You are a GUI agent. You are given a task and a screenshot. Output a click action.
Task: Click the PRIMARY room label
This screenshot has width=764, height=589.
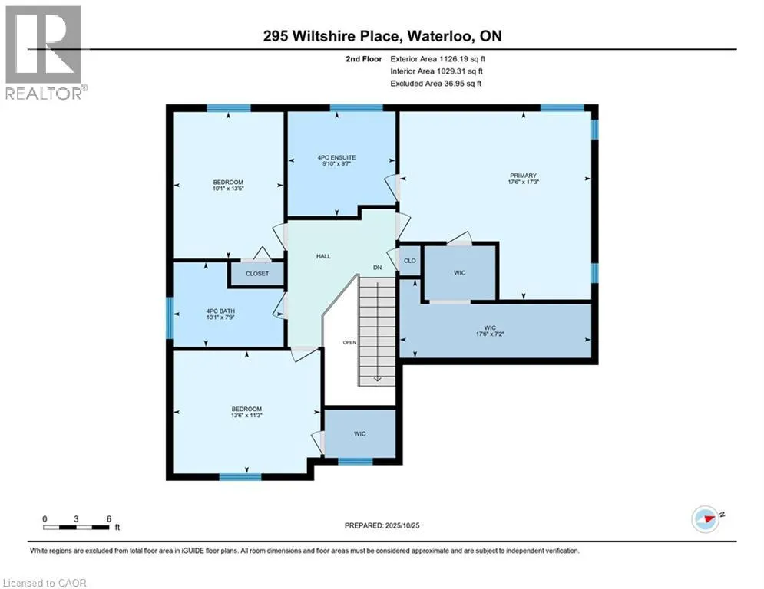[x=521, y=175]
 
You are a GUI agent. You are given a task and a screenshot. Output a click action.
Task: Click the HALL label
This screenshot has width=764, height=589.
[x=323, y=256]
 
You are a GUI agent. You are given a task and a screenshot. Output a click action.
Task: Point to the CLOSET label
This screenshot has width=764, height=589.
[x=257, y=274]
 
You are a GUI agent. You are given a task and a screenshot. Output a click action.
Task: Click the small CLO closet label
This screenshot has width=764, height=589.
[x=410, y=261]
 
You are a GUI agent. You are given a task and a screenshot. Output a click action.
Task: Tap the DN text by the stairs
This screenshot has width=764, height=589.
[x=377, y=267]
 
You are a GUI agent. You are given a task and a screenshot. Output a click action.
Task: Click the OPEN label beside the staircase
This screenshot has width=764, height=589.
[x=349, y=342]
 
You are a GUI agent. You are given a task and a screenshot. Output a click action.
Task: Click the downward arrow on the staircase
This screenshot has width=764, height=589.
[x=377, y=377]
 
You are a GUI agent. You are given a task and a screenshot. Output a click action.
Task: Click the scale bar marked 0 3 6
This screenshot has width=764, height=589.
[x=77, y=525]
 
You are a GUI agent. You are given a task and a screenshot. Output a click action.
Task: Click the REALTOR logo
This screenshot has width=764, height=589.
[x=44, y=52]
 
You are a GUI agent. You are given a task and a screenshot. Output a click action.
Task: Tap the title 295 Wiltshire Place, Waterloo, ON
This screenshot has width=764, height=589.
[x=382, y=35]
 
